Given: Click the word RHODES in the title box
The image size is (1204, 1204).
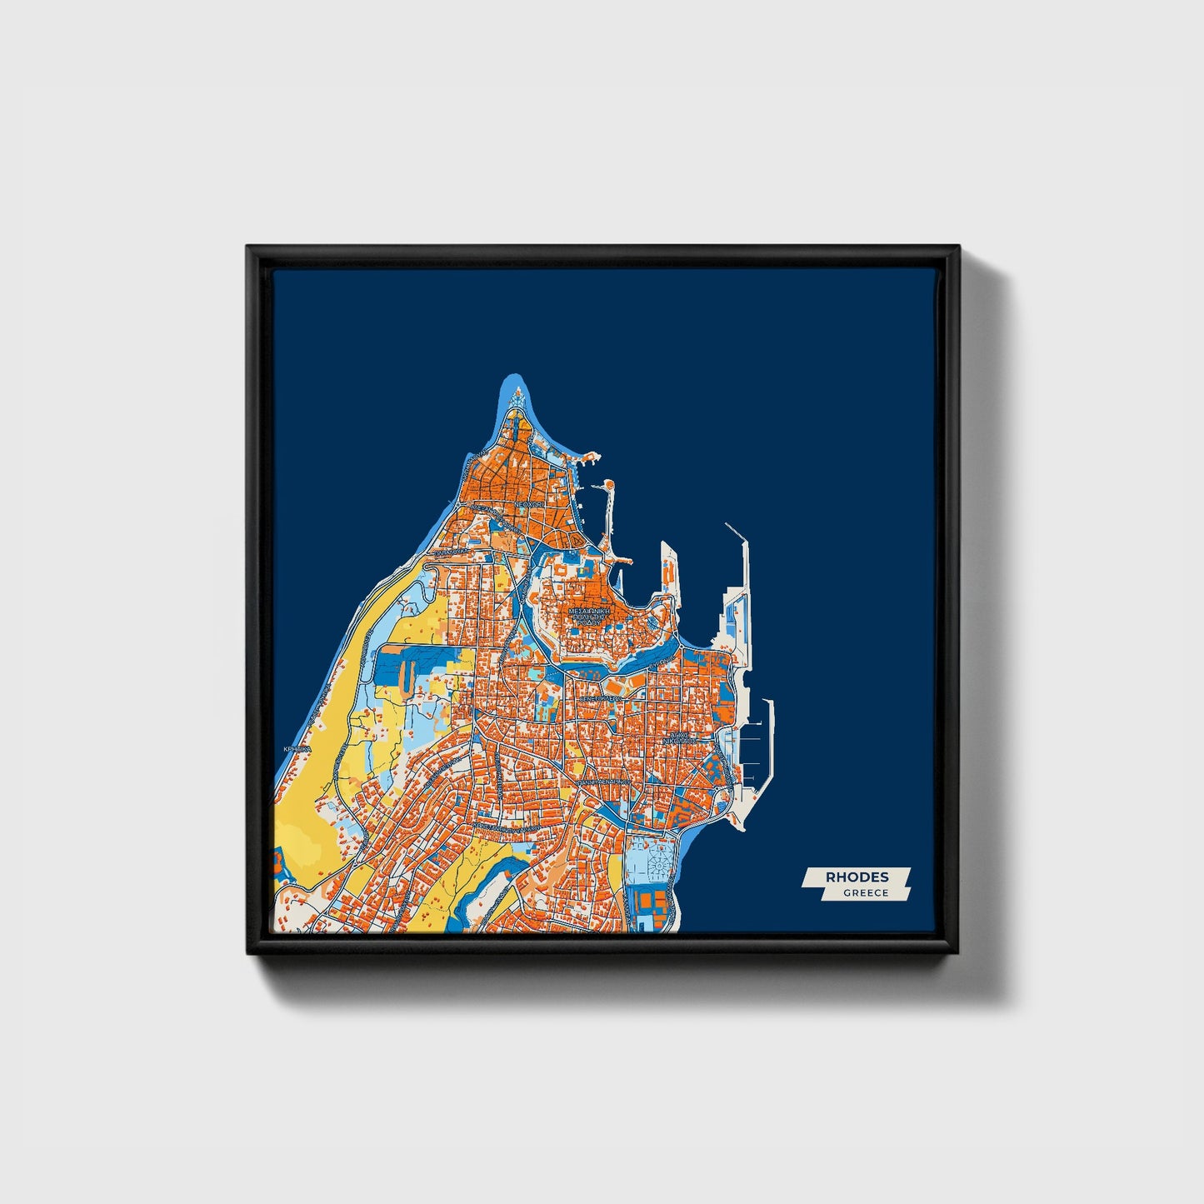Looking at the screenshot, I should pos(857,877).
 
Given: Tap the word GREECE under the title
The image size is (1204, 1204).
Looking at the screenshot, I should pos(866,893).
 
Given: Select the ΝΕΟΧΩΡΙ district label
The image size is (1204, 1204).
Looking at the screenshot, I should pos(528,504).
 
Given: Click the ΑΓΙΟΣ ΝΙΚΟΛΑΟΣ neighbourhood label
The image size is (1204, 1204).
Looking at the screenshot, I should pos(679,737).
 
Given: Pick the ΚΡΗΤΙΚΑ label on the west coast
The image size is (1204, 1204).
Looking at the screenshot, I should pos(297,749).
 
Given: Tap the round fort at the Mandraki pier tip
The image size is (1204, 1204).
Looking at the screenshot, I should pos(609,485).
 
